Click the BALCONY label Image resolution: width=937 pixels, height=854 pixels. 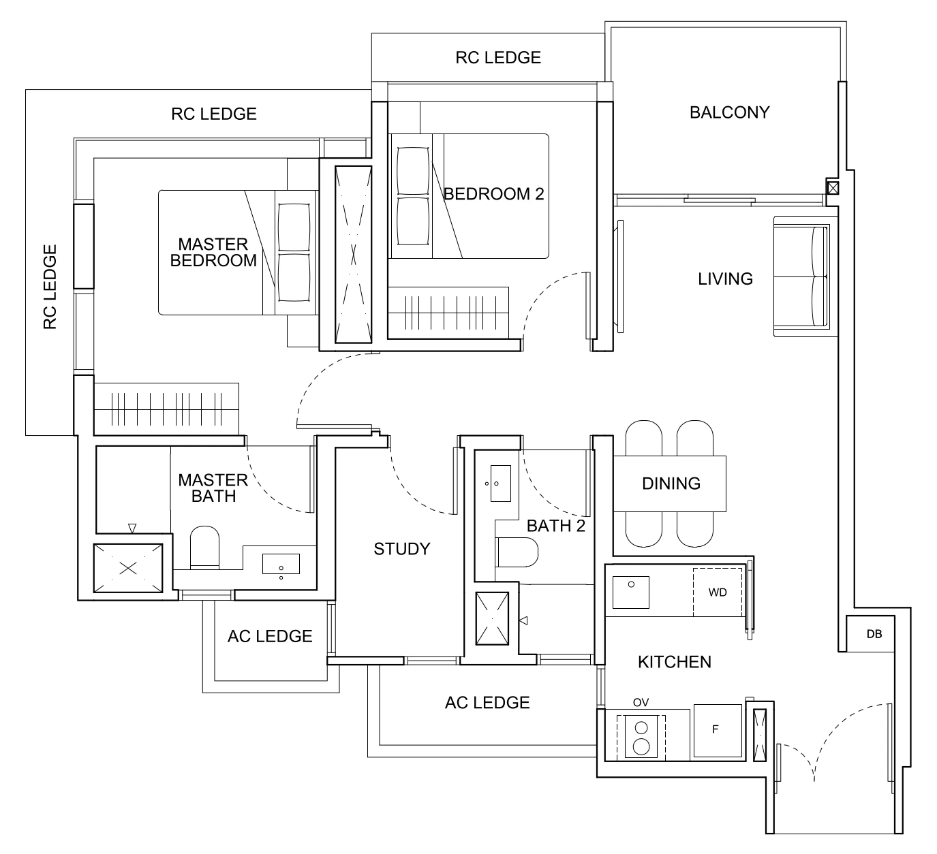[x=729, y=112]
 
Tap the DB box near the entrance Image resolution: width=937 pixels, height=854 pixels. [x=874, y=634]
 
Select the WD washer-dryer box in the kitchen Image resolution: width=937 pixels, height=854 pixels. [x=718, y=592]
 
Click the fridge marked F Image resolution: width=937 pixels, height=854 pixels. [x=717, y=731]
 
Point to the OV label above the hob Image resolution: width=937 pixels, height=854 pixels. [x=641, y=702]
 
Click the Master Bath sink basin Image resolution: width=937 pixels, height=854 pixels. [x=281, y=565]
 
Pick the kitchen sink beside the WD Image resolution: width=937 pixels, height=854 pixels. [x=631, y=591]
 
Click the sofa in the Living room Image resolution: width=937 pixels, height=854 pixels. [x=802, y=276]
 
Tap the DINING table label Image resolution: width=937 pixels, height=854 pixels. [x=671, y=484]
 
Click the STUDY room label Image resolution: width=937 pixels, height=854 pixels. [x=401, y=549]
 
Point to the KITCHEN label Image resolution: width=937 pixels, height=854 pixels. [x=674, y=662]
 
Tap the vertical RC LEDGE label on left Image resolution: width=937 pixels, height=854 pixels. [x=50, y=287]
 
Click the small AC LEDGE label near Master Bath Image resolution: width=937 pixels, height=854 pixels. [x=270, y=636]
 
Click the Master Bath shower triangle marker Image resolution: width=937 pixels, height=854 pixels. [x=132, y=528]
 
